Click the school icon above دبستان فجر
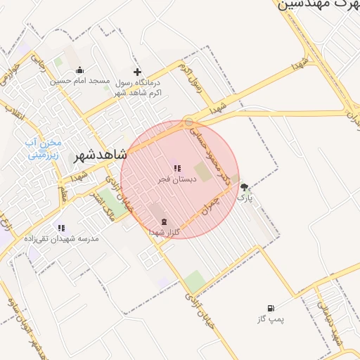[x=177, y=168]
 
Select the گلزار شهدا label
[x=167, y=232]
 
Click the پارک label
[x=243, y=198]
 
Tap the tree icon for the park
[x=244, y=187]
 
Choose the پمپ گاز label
[x=271, y=319]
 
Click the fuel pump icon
[x=271, y=308]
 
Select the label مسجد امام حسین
[x=79, y=81]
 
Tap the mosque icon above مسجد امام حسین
[x=79, y=70]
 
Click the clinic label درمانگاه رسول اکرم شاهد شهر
[x=136, y=86]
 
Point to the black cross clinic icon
[x=137, y=72]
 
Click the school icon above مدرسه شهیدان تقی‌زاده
[x=61, y=228]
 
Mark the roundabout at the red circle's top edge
[x=188, y=122]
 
